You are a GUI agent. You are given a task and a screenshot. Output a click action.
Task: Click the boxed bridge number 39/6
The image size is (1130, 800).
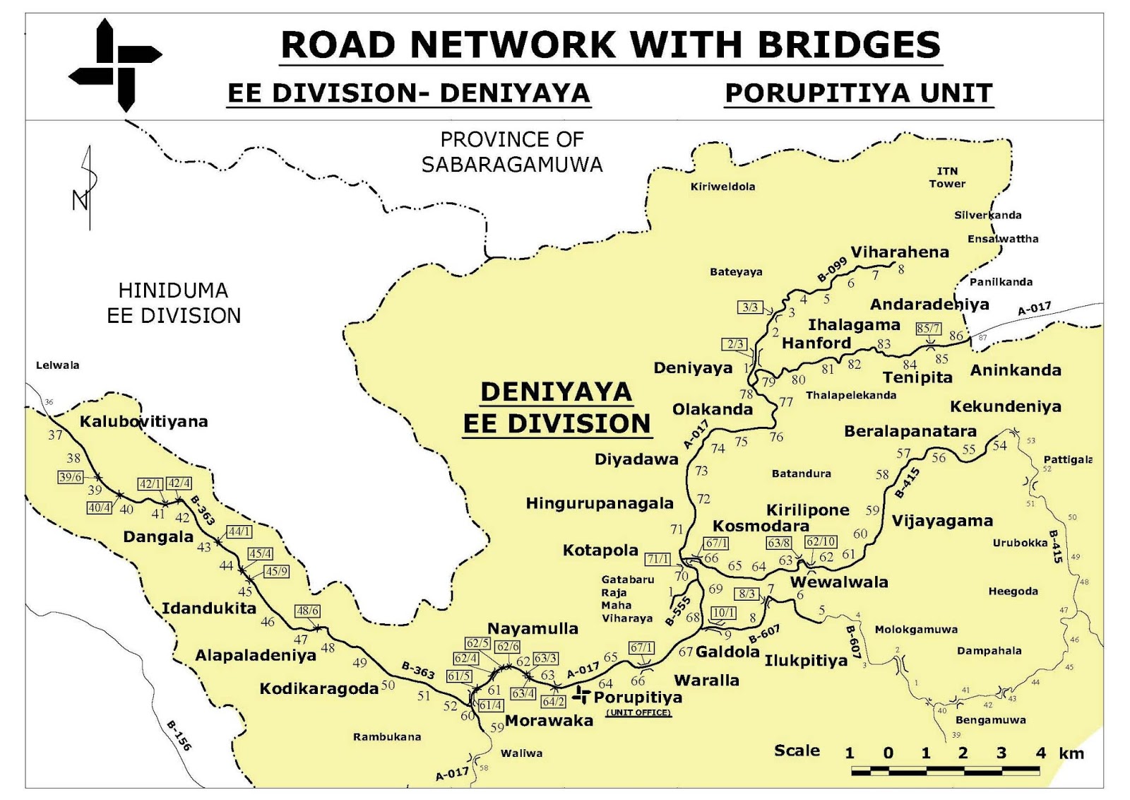click(71, 477)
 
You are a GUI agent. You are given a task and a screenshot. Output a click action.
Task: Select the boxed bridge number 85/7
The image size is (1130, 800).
click(928, 329)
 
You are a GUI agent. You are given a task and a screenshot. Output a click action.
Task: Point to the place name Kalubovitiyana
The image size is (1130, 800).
click(143, 422)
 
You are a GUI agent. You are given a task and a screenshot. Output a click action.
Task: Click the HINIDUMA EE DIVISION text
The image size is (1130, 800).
click(174, 303)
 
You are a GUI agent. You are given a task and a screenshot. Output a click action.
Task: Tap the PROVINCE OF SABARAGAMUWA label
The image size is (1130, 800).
click(512, 152)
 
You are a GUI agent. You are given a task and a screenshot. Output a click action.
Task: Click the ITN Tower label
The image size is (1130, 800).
click(947, 177)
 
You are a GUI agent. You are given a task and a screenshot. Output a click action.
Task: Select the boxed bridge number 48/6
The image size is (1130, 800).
click(307, 611)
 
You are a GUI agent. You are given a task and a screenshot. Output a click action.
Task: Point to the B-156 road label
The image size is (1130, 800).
click(179, 736)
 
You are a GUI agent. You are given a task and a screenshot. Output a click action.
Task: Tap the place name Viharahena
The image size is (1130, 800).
click(899, 252)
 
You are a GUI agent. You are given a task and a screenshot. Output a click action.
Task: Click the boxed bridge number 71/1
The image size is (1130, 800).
click(658, 559)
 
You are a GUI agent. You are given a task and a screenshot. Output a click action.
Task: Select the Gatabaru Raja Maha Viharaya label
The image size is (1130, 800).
click(627, 599)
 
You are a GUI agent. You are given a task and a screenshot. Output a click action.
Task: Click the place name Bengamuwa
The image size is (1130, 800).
click(990, 720)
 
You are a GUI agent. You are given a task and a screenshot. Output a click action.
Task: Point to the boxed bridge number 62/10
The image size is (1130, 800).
click(821, 542)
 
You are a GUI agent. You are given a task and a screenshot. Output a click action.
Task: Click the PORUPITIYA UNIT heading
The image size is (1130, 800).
click(859, 93)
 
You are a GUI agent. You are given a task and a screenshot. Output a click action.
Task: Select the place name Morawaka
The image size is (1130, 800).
click(549, 721)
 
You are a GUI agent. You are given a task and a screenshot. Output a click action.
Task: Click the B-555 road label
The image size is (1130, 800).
click(677, 611)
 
